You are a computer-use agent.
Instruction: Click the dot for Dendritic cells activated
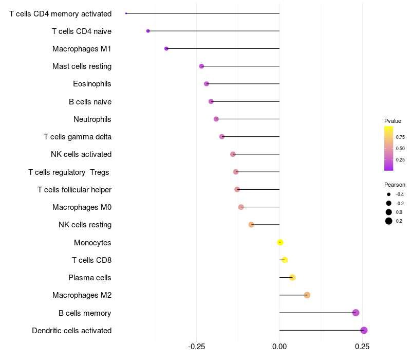pos(364,330)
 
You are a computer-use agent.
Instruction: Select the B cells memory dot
pos(356,313)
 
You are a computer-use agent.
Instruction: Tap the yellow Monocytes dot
pos(280,242)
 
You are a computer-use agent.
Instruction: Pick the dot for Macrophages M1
pos(166,48)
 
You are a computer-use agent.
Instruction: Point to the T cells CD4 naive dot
pos(148,31)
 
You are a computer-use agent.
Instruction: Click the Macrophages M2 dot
pos(307,295)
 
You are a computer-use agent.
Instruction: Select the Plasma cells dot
pos(292,278)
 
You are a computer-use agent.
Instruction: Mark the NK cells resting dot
pos(251,225)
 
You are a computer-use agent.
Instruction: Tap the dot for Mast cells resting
pos(201,66)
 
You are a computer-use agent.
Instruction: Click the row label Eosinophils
pos(92,84)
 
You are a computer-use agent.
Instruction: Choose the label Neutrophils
pos(92,119)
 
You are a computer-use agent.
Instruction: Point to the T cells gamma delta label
pos(78,137)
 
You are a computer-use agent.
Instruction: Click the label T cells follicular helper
pos(74,190)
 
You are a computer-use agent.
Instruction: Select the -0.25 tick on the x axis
pos(196,347)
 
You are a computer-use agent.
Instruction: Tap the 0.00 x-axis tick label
pos(279,347)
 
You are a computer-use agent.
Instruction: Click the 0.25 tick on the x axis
pos(362,347)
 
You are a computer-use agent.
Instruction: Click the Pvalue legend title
pos(393,121)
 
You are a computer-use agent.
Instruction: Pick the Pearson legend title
pos(395,185)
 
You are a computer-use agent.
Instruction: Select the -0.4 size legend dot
pos(389,194)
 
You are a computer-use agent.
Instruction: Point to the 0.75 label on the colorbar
pos(400,137)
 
